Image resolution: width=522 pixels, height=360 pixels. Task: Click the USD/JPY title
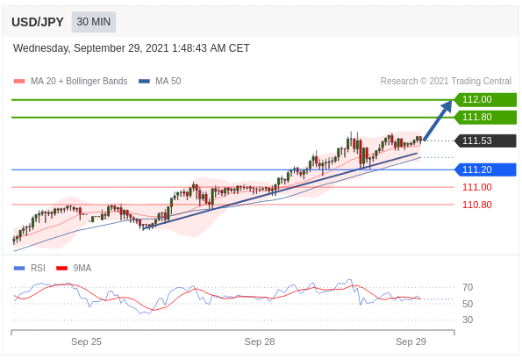pos(37,22)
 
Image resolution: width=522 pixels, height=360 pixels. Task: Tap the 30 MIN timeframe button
pos(94,22)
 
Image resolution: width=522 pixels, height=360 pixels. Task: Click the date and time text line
pos(132,48)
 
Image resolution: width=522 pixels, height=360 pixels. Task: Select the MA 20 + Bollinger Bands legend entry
pos(70,81)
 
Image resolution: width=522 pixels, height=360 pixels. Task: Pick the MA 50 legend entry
pos(160,81)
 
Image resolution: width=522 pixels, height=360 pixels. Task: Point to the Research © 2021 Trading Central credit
pos(446,81)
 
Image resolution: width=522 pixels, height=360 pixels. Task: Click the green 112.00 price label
pos(485,100)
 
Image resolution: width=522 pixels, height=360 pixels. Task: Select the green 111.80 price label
pos(485,118)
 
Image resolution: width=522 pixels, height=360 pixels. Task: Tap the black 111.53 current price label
pos(485,140)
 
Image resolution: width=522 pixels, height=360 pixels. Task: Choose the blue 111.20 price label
pos(485,169)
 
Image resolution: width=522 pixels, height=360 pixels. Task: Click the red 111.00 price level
pos(476,187)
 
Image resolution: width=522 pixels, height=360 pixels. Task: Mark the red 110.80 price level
pos(476,205)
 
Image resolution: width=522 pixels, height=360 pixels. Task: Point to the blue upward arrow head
pos(447,106)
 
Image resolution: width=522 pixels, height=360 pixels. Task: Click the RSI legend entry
pos(29,269)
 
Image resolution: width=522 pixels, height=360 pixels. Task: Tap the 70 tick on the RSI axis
pos(468,287)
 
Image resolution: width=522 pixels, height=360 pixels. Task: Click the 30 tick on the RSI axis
pos(468,320)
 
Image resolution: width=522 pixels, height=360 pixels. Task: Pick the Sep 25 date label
pos(86,342)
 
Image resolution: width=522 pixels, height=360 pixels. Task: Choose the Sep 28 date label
pos(260,342)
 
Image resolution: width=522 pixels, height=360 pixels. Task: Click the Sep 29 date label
pos(411,342)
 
